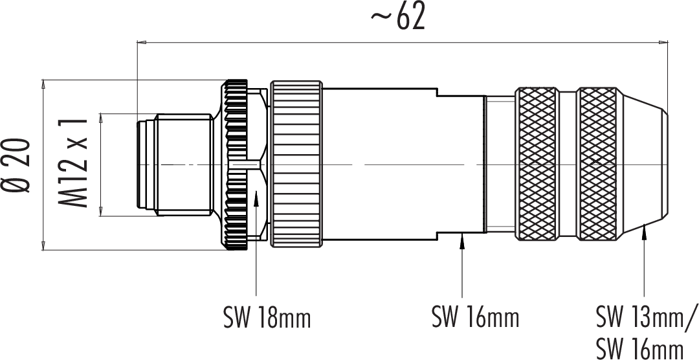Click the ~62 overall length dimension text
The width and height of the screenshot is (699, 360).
(397, 18)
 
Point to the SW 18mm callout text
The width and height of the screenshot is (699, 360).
(267, 318)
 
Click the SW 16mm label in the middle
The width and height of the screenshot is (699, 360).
(476, 317)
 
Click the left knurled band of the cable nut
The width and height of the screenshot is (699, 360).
(537, 165)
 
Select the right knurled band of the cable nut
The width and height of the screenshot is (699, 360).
(597, 165)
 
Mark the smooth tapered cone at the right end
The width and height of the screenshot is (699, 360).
(642, 165)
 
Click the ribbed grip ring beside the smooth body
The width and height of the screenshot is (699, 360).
(296, 165)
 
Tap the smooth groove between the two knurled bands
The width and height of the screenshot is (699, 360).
(568, 165)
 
